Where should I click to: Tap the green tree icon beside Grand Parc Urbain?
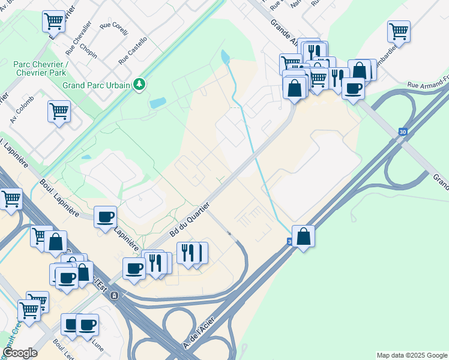click(139, 84)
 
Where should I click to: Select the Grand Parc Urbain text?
click(97, 85)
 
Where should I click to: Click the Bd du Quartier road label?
click(190, 220)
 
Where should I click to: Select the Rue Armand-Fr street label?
click(427, 86)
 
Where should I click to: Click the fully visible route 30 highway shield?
click(402, 131)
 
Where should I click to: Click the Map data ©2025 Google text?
click(412, 355)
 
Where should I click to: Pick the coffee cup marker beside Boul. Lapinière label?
click(106, 217)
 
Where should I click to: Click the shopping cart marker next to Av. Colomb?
click(59, 111)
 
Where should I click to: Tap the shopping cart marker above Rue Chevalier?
click(53, 21)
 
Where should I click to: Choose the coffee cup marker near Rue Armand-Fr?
click(353, 88)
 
